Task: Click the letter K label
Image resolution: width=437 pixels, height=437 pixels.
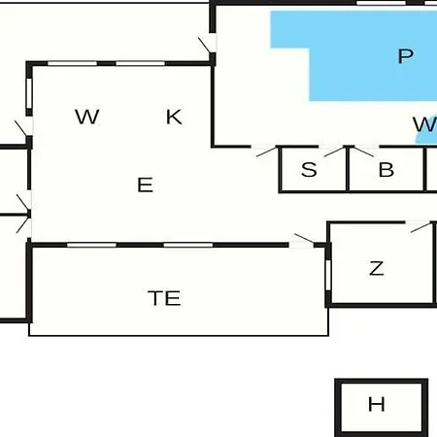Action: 174,117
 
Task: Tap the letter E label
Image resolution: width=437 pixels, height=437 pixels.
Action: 145,185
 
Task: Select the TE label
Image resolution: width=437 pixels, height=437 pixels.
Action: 164,298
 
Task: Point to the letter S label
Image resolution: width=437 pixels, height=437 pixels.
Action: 309,169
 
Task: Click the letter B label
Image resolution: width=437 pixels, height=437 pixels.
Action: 387,169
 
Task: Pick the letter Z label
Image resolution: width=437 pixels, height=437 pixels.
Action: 377,268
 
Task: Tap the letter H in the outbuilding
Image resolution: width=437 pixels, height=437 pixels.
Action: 377,404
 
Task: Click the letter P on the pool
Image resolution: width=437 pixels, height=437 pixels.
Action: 405,56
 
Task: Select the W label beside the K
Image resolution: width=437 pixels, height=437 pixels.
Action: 86,117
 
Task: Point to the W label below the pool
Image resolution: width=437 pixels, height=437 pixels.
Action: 424,124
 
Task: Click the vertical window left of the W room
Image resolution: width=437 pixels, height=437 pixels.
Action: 29,93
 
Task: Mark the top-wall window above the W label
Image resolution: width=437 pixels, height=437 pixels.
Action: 73,63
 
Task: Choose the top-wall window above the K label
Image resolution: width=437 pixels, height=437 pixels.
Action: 141,63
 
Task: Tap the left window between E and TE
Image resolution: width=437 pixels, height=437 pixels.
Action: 91,245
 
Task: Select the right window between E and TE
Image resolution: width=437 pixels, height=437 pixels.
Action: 188,245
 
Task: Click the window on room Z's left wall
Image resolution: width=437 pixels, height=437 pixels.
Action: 328,275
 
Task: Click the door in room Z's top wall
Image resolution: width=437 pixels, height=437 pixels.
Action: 420,226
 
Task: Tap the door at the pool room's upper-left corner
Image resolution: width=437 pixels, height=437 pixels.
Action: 207,44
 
